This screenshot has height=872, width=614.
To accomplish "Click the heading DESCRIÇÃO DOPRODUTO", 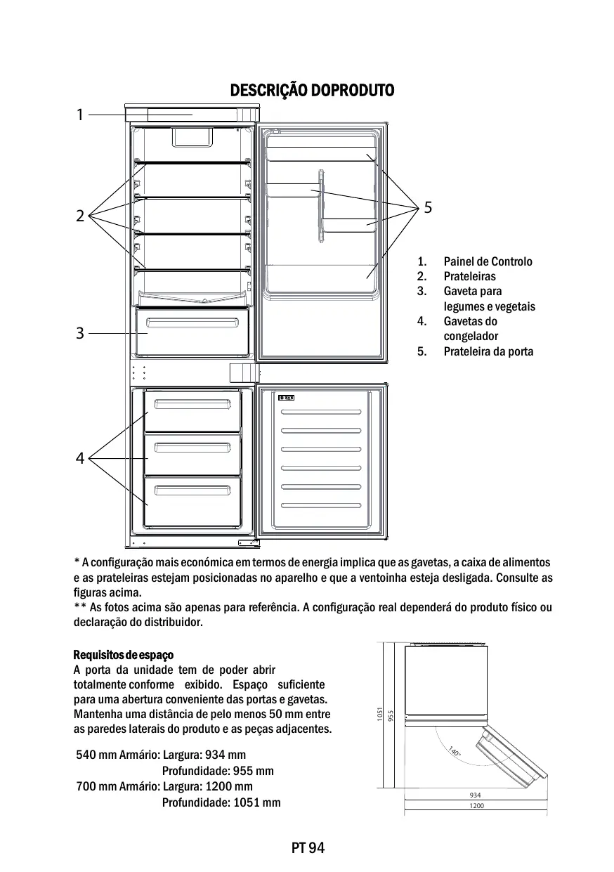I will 312,91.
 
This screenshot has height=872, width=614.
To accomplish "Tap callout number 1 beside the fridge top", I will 80,114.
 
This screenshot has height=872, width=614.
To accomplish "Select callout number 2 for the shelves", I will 80,216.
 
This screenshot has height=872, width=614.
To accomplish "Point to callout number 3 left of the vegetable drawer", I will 80,333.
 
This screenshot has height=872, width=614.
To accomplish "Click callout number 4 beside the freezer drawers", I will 80,459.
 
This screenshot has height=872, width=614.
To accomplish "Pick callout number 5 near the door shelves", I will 428,207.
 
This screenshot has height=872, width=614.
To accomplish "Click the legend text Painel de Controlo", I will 488,261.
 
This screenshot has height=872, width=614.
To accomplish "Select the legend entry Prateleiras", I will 469,276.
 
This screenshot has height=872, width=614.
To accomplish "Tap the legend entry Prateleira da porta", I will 488,351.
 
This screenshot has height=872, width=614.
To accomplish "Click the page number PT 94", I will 308,847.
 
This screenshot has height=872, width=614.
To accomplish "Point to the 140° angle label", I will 455,752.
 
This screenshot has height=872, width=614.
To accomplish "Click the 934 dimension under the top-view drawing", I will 476,795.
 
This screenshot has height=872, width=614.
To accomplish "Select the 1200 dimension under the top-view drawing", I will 476,806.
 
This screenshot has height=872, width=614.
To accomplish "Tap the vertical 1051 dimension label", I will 379,715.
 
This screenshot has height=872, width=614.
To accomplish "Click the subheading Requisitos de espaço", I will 123,655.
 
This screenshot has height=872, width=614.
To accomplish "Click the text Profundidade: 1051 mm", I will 221,802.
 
